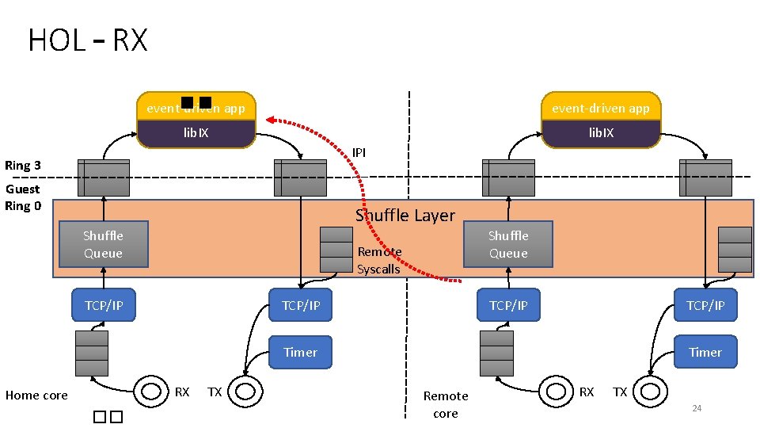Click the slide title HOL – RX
pyautogui.click(x=87, y=40)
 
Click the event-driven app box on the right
pyautogui.click(x=600, y=108)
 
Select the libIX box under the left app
pyautogui.click(x=196, y=133)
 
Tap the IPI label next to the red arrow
pyautogui.click(x=359, y=151)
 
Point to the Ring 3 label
pyautogui.click(x=23, y=166)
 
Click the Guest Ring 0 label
pyautogui.click(x=23, y=197)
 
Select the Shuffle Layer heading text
pyautogui.click(x=405, y=216)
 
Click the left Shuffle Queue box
pyautogui.click(x=103, y=244)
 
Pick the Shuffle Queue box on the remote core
pyautogui.click(x=508, y=244)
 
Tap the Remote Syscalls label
pyautogui.click(x=379, y=260)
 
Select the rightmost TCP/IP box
pyautogui.click(x=705, y=305)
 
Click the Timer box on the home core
pyautogui.click(x=300, y=352)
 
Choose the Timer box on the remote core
pyautogui.click(x=705, y=352)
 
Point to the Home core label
pyautogui.click(x=36, y=396)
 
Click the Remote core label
pyautogui.click(x=446, y=404)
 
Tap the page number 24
pyautogui.click(x=697, y=408)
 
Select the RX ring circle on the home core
pyautogui.click(x=150, y=391)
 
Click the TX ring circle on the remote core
pyautogui.click(x=650, y=391)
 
